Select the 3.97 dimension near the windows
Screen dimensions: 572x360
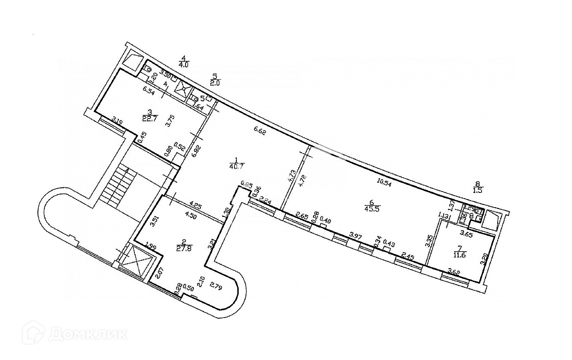pos(355,236)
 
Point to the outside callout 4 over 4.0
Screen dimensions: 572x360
pos(184,61)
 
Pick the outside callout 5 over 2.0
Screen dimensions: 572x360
pos(215,79)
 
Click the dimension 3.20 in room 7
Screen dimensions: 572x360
pos(484,257)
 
